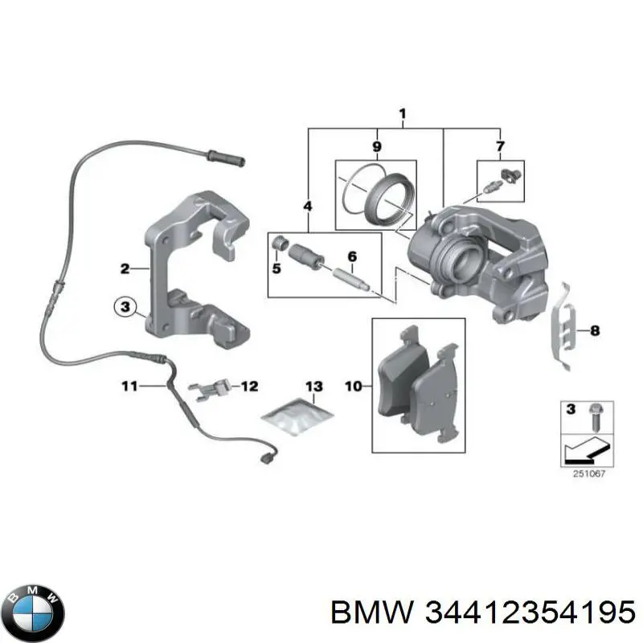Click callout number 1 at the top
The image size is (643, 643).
(x=402, y=115)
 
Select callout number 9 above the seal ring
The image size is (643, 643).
(x=375, y=146)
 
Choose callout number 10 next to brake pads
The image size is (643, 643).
(x=354, y=387)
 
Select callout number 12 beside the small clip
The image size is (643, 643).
(x=249, y=387)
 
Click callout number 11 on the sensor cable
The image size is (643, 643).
(x=130, y=387)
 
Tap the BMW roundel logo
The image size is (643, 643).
(x=33, y=600)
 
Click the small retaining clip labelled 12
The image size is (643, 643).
(x=211, y=388)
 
